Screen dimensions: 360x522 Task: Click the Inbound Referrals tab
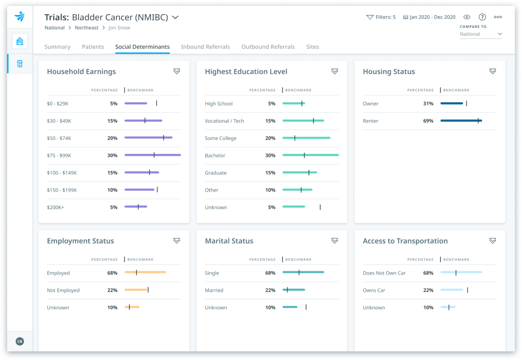point(205,47)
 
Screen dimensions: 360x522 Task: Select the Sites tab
point(312,47)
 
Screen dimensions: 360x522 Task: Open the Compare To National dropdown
point(481,34)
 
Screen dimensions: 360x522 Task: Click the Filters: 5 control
point(381,17)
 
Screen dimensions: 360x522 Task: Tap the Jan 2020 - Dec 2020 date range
point(429,17)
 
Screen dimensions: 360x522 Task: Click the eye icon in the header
point(467,17)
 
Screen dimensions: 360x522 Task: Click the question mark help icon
point(482,17)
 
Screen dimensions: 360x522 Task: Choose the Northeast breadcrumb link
point(86,28)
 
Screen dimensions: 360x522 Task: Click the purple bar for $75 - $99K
point(152,155)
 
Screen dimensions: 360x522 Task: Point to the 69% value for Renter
point(428,121)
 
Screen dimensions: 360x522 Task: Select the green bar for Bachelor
point(310,155)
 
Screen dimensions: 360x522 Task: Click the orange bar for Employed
point(145,272)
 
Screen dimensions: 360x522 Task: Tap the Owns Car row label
point(374,290)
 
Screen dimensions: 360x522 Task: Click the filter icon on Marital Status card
point(334,241)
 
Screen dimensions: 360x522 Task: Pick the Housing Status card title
point(389,72)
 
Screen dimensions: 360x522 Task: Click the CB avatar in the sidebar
point(20,341)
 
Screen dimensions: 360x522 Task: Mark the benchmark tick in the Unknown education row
point(320,207)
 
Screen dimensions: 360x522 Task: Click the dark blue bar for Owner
point(452,103)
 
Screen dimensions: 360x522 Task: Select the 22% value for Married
point(270,290)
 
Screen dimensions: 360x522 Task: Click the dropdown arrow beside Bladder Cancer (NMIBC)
point(175,17)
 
